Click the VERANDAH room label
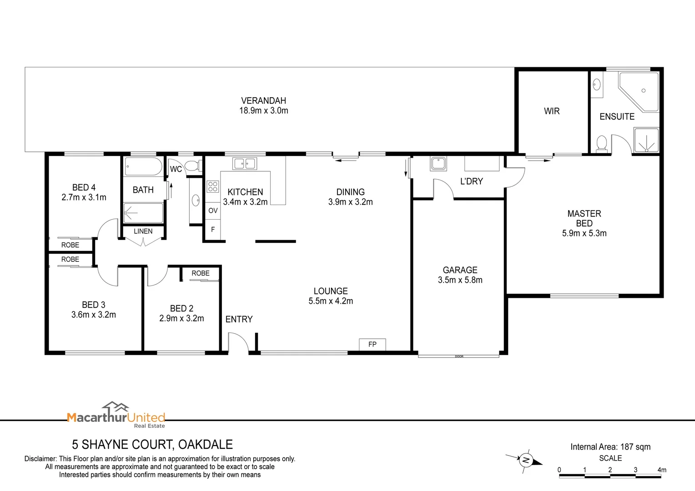pyautogui.click(x=263, y=101)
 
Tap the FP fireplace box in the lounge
pyautogui.click(x=372, y=344)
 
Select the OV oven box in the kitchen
pyautogui.click(x=213, y=210)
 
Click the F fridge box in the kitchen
pyautogui.click(x=213, y=230)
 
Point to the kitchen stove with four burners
pyautogui.click(x=212, y=186)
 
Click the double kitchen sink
pyautogui.click(x=245, y=163)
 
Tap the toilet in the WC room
pyautogui.click(x=193, y=166)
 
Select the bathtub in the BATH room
pyautogui.click(x=143, y=167)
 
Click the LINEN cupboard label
pyautogui.click(x=143, y=231)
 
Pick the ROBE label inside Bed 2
pyautogui.click(x=201, y=273)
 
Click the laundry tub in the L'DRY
pyautogui.click(x=438, y=163)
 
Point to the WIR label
pyautogui.click(x=552, y=111)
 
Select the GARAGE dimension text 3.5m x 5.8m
pyautogui.click(x=460, y=280)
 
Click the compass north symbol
pyautogui.click(x=526, y=460)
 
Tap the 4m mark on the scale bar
pyautogui.click(x=662, y=470)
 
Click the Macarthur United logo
pyautogui.click(x=116, y=415)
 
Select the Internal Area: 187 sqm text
pyautogui.click(x=610, y=447)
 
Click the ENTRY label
pyautogui.click(x=239, y=319)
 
